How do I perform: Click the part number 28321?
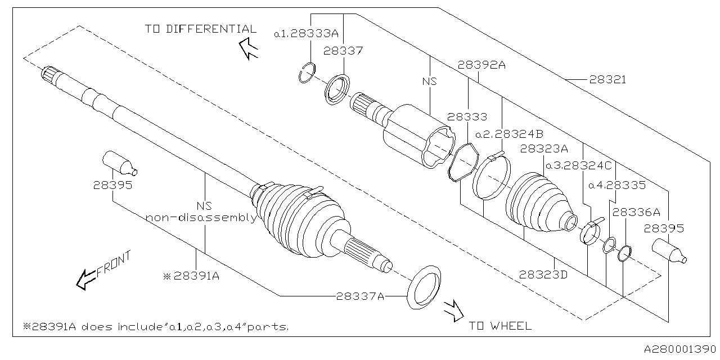tap(607, 80)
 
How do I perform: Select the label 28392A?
tap(481, 65)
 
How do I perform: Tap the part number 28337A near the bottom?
tap(360, 296)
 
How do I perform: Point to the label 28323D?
tap(543, 274)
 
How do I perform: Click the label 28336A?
tap(636, 212)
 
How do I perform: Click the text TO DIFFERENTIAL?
tap(200, 29)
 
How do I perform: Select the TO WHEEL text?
tap(499, 326)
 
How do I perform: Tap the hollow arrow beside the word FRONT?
tap(86, 278)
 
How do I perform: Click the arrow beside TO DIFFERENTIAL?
tap(247, 48)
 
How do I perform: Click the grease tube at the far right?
tap(669, 251)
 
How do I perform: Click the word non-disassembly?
tap(201, 218)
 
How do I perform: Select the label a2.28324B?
tap(508, 134)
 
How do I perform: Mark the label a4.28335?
tap(617, 184)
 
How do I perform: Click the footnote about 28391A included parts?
tap(156, 326)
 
